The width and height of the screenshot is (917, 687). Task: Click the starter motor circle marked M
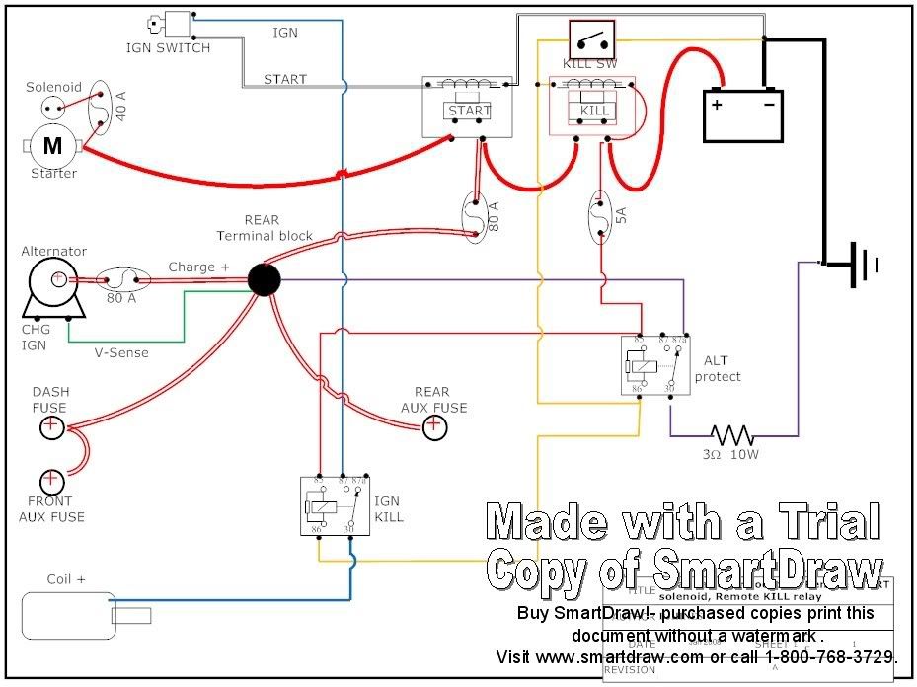pyautogui.click(x=51, y=147)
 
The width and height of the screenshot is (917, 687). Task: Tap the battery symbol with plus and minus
pyautogui.click(x=743, y=114)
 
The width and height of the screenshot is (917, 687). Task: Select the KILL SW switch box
pyautogui.click(x=591, y=39)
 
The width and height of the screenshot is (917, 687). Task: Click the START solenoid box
pyautogui.click(x=467, y=108)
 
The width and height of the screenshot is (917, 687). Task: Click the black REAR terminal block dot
pyautogui.click(x=264, y=279)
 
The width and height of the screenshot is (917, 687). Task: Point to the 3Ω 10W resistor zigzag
pyautogui.click(x=731, y=434)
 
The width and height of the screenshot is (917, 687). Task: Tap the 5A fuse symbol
pyautogui.click(x=599, y=218)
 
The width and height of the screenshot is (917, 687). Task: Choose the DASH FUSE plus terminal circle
pyautogui.click(x=51, y=427)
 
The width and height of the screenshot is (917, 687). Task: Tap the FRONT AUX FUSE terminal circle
pyautogui.click(x=51, y=482)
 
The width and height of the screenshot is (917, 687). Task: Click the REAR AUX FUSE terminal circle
pyautogui.click(x=433, y=427)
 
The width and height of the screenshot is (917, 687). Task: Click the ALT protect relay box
pyautogui.click(x=654, y=366)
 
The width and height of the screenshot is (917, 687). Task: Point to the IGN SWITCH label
pyautogui.click(x=168, y=47)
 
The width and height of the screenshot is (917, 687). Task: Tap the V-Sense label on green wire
pyautogui.click(x=121, y=352)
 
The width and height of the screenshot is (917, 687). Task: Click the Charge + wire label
pyautogui.click(x=198, y=267)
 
